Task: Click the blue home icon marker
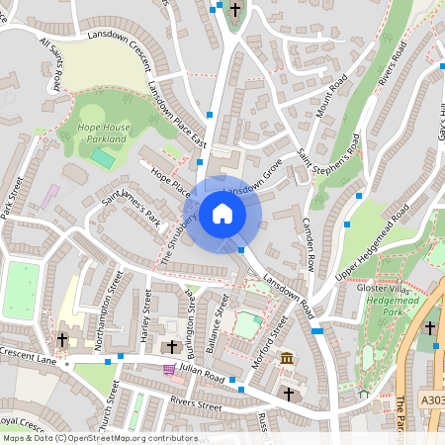(x=222, y=213)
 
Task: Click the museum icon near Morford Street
(x=287, y=357)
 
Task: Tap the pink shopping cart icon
(x=169, y=369)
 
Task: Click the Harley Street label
(x=146, y=315)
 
